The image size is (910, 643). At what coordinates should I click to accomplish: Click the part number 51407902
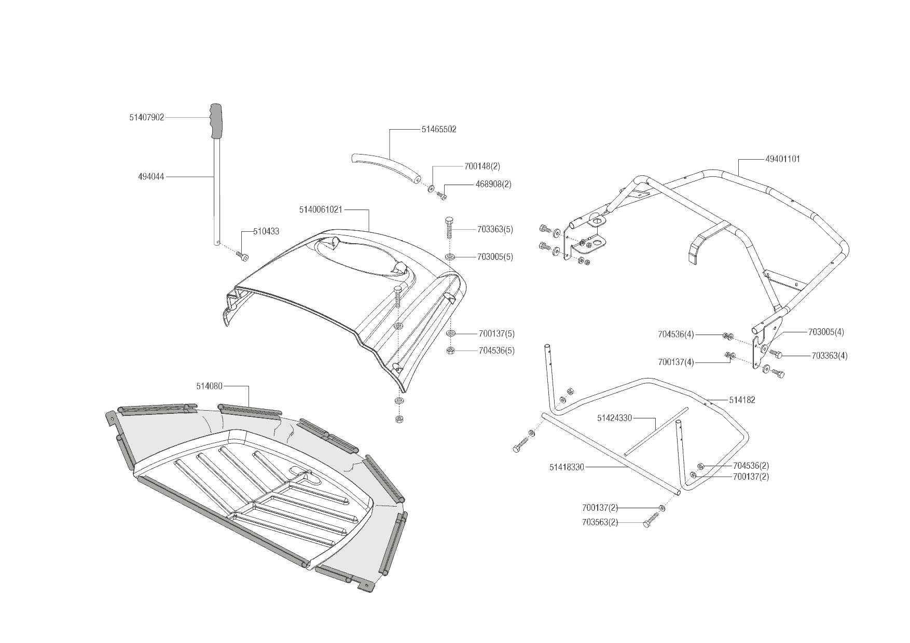coord(146,118)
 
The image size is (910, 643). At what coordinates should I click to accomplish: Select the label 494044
coord(151,177)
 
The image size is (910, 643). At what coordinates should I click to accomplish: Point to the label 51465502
coord(439,130)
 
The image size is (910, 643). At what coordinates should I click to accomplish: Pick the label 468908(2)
coord(493,185)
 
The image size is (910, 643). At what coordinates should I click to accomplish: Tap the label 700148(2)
coord(482,166)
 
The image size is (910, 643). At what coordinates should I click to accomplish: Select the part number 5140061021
coord(320,210)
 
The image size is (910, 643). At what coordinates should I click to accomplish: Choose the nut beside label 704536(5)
coord(450,351)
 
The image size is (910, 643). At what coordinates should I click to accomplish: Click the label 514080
coord(209,386)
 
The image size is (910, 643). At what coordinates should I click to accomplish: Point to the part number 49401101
coord(782,159)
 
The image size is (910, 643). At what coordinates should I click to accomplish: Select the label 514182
coord(742,400)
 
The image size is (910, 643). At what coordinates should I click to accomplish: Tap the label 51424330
coord(614,418)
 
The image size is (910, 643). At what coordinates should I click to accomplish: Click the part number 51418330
coord(567,467)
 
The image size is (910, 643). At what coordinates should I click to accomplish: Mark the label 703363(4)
coord(829,356)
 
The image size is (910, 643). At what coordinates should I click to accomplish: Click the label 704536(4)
coord(675,334)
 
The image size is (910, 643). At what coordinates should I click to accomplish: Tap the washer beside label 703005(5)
coord(450,256)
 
